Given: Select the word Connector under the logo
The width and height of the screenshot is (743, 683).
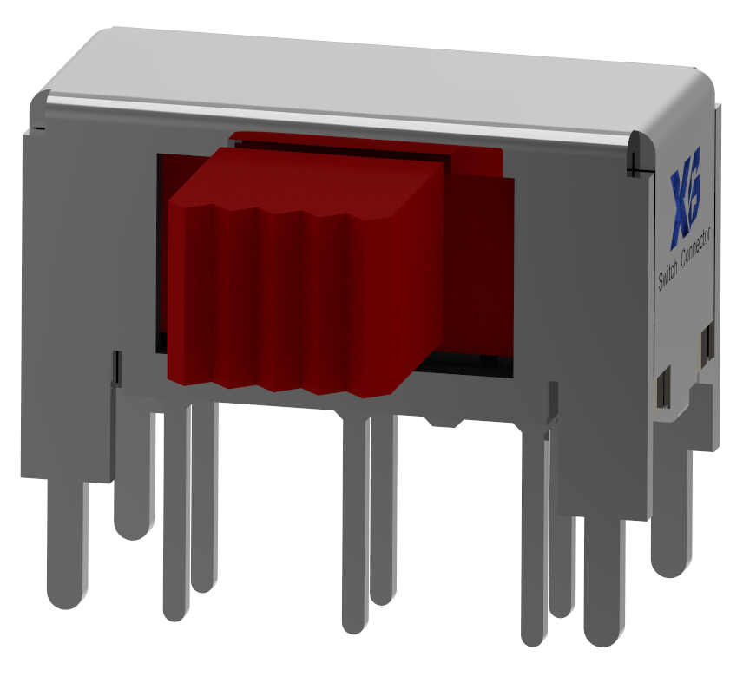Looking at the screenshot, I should click(698, 253).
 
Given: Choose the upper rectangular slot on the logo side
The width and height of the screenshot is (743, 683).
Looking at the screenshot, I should click(707, 345).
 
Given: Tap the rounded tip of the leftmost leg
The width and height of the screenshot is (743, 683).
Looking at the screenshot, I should click(67, 594).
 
